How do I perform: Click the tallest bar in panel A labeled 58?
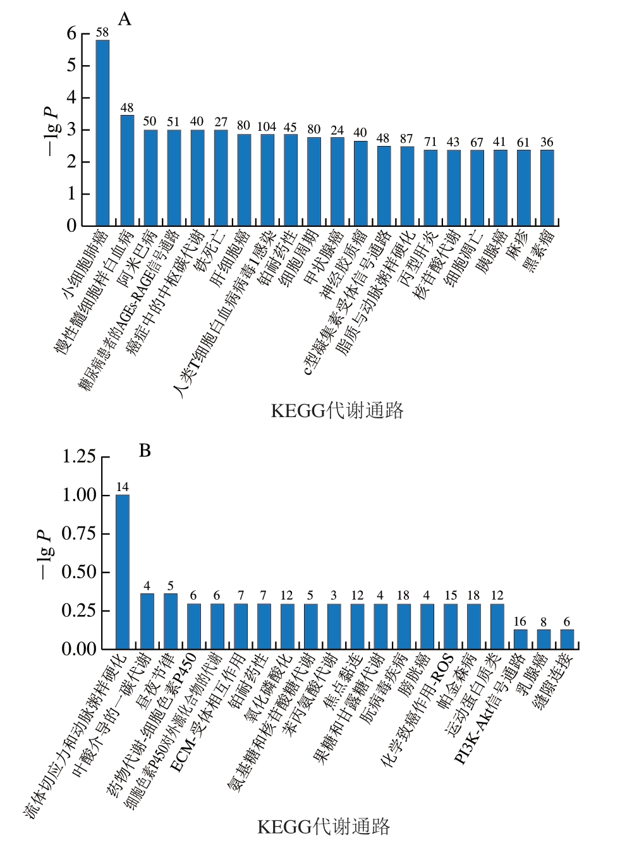[102, 133]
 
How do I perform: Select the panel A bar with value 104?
[267, 179]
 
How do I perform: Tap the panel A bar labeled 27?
[221, 178]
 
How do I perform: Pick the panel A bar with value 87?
[407, 186]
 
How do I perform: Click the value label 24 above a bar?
[337, 131]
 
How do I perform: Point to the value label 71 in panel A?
[430, 143]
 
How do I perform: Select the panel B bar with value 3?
[334, 626]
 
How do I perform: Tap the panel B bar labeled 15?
[451, 626]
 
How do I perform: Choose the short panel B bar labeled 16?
[520, 639]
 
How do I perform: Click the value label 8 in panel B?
[544, 623]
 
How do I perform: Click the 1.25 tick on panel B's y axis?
[79, 456]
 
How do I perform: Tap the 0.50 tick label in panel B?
[79, 572]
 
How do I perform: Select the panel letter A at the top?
[125, 20]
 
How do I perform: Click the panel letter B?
[145, 451]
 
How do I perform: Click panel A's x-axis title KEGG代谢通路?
[337, 411]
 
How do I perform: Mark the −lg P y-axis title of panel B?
[44, 554]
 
